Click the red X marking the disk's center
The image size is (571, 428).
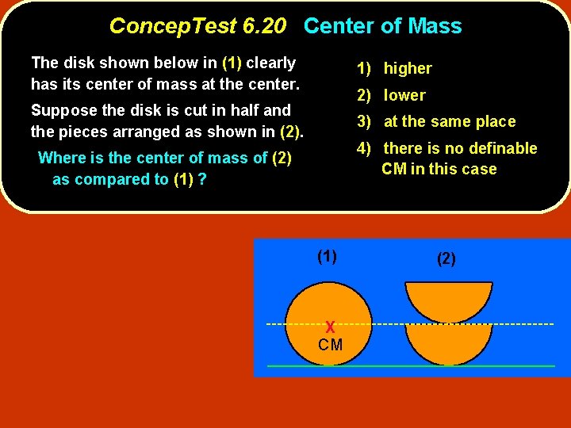pyautogui.click(x=330, y=327)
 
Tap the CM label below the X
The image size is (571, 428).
pyautogui.click(x=330, y=345)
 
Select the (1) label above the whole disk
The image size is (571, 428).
pyautogui.click(x=327, y=256)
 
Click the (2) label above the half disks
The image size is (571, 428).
pyautogui.click(x=446, y=258)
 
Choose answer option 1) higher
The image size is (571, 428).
pyautogui.click(x=394, y=69)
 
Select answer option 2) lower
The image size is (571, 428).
pyautogui.click(x=391, y=95)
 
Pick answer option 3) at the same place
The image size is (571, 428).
pyautogui.click(x=435, y=122)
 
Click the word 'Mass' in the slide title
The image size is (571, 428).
pyautogui.click(x=435, y=26)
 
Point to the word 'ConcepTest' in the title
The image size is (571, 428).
pyautogui.click(x=173, y=26)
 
